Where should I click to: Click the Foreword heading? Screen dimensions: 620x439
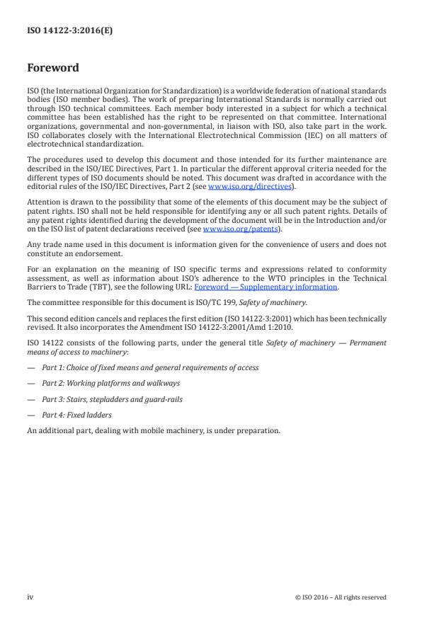point(52,69)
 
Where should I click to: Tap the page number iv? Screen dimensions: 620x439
point(30,597)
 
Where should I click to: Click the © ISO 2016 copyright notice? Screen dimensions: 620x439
point(341,597)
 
